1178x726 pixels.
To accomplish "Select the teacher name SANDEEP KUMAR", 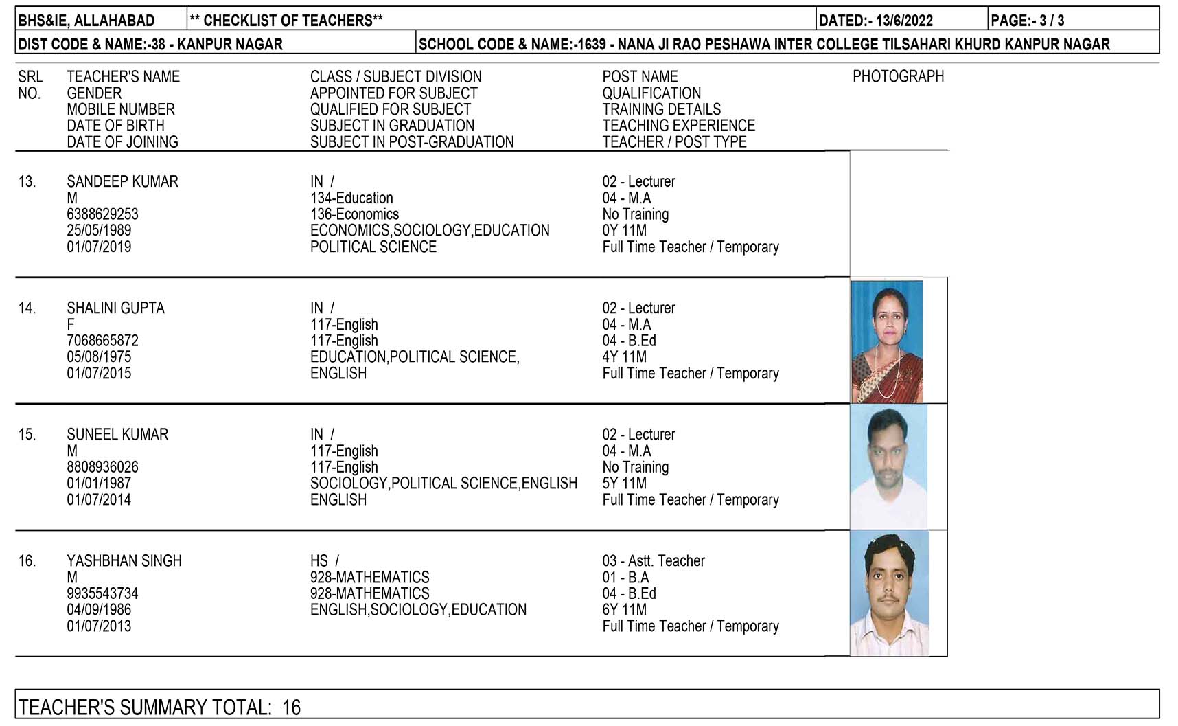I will click(x=122, y=182).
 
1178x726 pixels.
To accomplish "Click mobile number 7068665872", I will click(x=102, y=341).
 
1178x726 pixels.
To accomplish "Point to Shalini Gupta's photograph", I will click(x=887, y=341).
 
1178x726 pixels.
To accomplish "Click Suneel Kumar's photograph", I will click(x=888, y=467).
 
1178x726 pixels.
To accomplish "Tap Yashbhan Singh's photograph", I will click(x=890, y=593).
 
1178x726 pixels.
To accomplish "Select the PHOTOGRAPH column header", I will click(x=898, y=77).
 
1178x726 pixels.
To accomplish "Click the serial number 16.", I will click(x=27, y=561).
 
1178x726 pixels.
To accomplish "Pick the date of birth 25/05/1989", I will click(x=99, y=231).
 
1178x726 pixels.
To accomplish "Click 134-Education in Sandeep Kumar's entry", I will click(x=351, y=198).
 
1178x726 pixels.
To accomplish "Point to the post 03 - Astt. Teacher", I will click(x=654, y=561).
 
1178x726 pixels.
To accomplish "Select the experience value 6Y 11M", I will click(x=625, y=610).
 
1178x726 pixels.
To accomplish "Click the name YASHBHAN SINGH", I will click(x=124, y=561).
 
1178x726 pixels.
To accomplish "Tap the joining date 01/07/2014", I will click(x=99, y=500).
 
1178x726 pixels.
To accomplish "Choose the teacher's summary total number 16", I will click(x=292, y=707).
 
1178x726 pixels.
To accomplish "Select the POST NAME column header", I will click(x=640, y=77).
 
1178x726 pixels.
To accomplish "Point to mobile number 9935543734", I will click(x=102, y=593).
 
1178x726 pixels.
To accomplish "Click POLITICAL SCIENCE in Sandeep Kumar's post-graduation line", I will click(x=373, y=247).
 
